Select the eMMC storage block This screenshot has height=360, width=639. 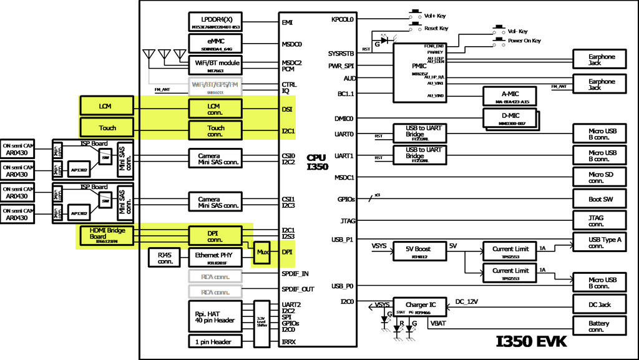[x=215, y=42]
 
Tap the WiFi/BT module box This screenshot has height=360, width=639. [x=215, y=65]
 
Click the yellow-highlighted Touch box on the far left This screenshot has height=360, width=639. [x=107, y=128]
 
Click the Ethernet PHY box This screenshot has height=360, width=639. [x=215, y=256]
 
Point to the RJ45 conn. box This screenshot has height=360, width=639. [x=164, y=256]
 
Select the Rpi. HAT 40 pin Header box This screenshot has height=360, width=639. [x=215, y=316]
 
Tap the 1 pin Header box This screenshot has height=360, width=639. [x=215, y=341]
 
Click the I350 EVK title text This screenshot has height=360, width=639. [x=531, y=342]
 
